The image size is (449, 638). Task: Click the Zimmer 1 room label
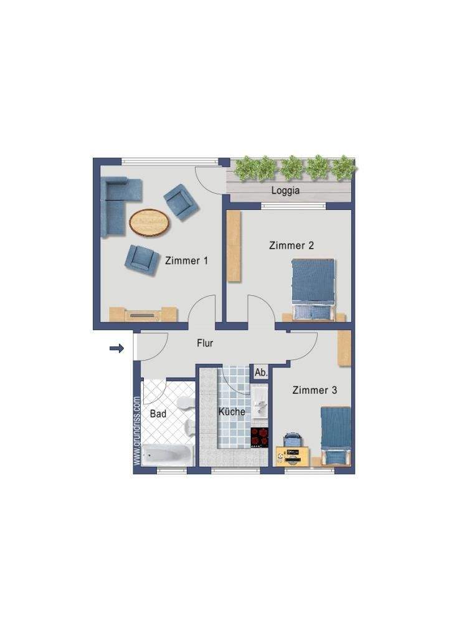(x=186, y=261)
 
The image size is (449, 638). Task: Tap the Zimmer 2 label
(x=291, y=245)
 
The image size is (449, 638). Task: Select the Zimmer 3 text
(x=314, y=390)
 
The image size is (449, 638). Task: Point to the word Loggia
(x=285, y=191)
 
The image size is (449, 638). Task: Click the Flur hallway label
(x=205, y=343)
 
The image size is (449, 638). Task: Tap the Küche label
(x=232, y=411)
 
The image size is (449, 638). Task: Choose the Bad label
(x=158, y=414)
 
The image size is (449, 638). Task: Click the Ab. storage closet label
(x=261, y=373)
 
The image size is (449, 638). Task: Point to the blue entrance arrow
(x=116, y=348)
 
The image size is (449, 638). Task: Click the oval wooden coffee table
(x=149, y=222)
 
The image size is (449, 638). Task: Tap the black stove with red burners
(x=260, y=437)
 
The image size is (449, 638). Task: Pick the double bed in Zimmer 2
(x=314, y=290)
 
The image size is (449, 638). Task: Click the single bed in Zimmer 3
(x=336, y=436)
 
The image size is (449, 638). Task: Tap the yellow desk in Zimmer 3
(x=293, y=456)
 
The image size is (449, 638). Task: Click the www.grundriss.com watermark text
(x=136, y=432)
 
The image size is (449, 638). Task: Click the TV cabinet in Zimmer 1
(x=143, y=314)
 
